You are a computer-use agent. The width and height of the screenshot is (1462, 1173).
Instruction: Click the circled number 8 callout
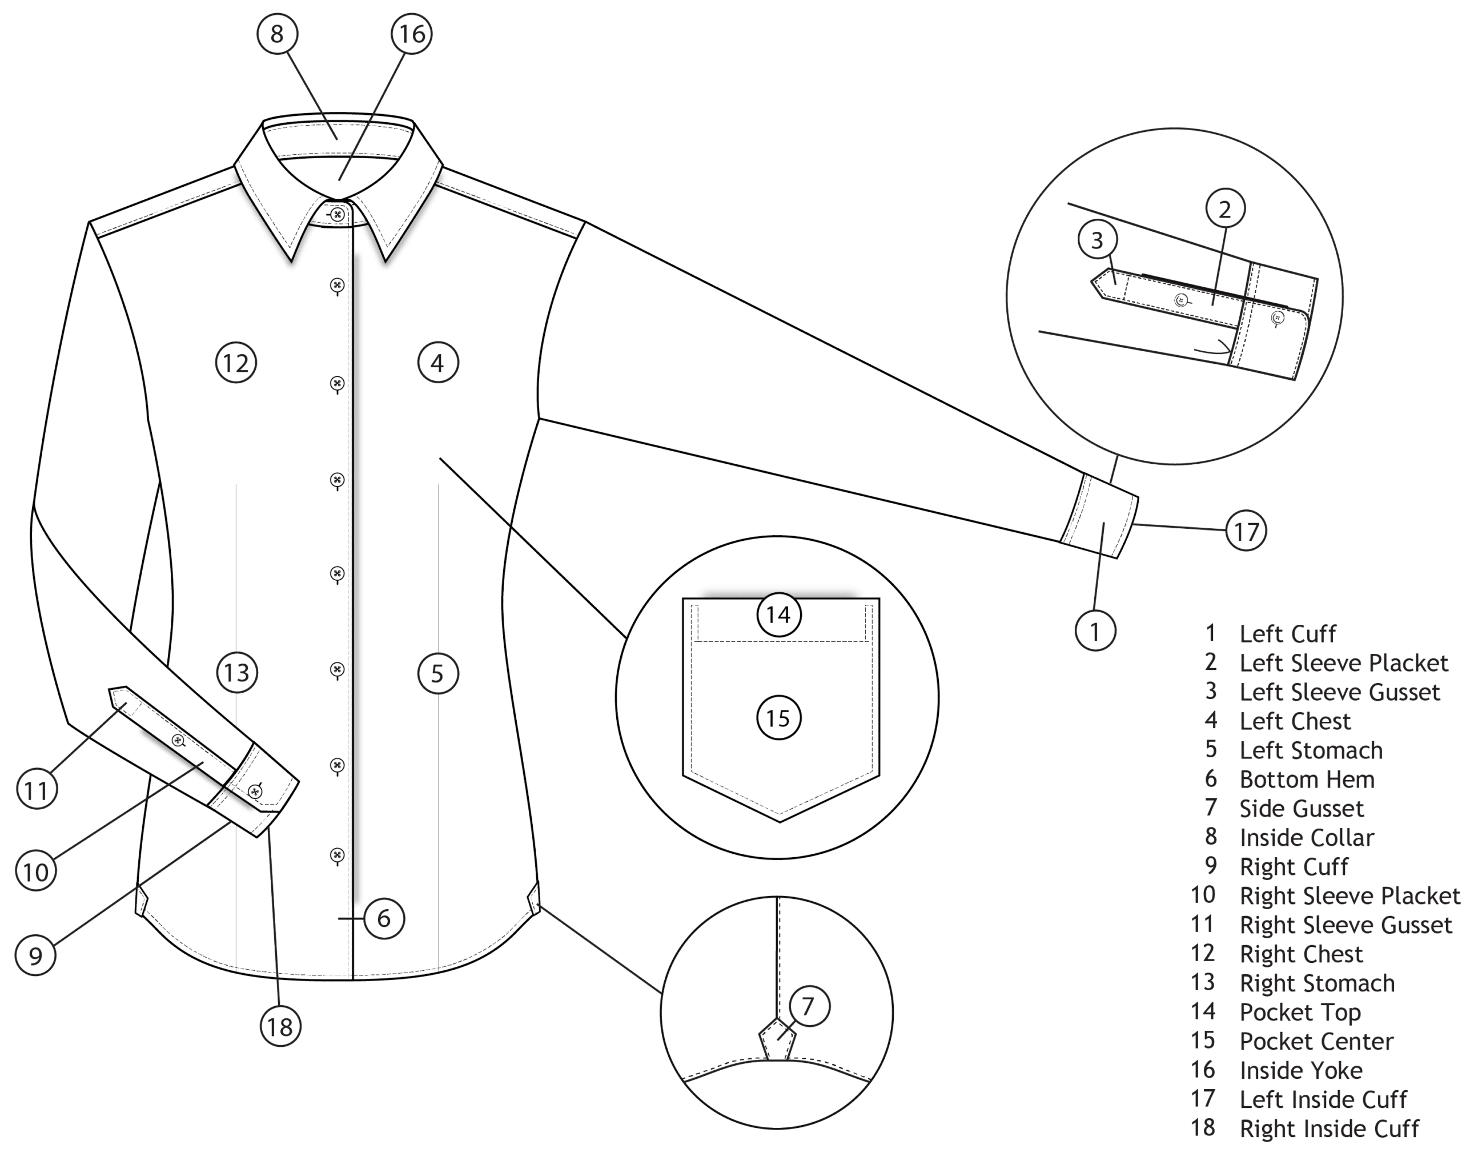[x=276, y=33]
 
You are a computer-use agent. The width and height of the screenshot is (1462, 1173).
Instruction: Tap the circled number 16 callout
[x=412, y=33]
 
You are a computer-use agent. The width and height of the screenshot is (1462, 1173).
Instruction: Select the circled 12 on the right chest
[x=236, y=363]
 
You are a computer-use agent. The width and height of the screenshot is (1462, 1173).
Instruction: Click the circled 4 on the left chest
[x=437, y=363]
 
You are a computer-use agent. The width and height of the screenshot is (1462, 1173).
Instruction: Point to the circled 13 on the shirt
[x=236, y=673]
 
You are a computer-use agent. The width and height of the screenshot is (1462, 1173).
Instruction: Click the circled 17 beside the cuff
[x=1246, y=532]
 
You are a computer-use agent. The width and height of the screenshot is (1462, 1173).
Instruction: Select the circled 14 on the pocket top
[x=778, y=614]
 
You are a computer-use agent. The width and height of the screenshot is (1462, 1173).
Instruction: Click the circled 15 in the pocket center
[x=778, y=717]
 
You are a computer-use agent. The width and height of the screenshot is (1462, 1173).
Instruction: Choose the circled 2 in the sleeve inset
[x=1224, y=209]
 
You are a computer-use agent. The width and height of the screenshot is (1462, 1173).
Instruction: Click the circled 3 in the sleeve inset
[x=1097, y=239]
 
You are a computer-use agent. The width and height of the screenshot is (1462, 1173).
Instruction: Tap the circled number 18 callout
[x=280, y=1027]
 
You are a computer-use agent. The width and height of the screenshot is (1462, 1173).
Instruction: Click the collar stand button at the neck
[x=337, y=215]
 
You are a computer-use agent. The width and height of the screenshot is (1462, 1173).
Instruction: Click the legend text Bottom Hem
[x=1307, y=780]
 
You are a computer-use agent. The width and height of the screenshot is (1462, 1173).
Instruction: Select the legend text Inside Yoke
[x=1300, y=1071]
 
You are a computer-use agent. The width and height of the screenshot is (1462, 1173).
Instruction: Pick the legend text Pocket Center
[x=1316, y=1042]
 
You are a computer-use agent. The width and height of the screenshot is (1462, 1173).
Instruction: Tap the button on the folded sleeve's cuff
[x=255, y=790]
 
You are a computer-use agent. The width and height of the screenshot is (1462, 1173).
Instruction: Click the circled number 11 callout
[x=37, y=790]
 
